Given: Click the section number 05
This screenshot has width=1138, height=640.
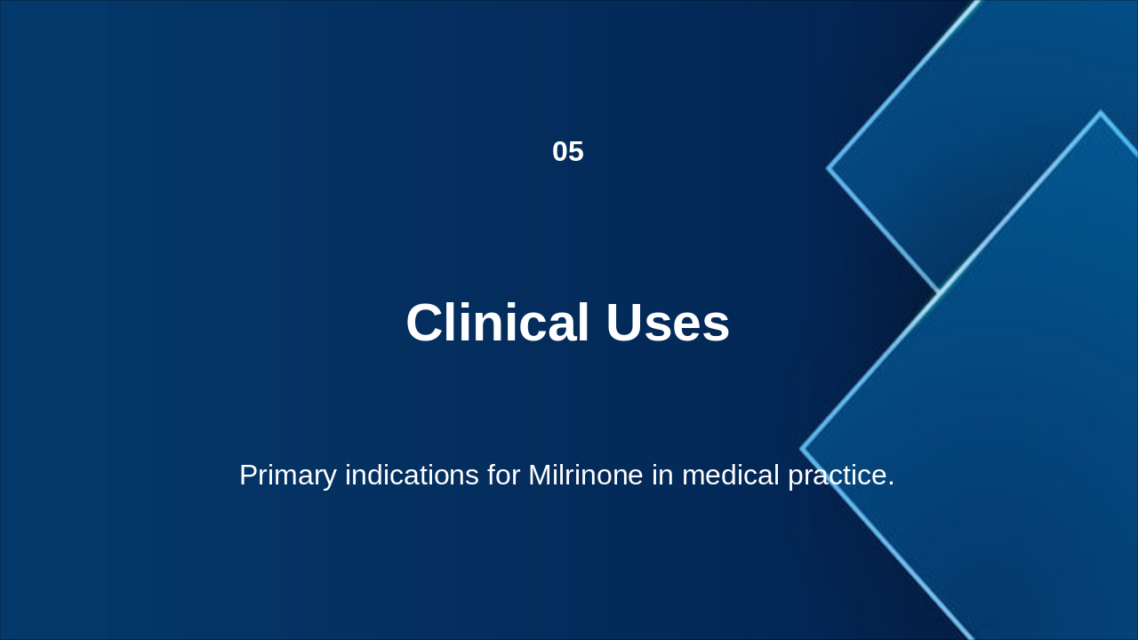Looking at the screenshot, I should coord(568,152).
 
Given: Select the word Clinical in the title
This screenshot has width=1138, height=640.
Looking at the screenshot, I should coord(497,323).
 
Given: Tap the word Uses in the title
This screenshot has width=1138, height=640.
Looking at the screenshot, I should coord(668,323).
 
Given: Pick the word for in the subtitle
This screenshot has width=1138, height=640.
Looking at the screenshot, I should coord(503,476).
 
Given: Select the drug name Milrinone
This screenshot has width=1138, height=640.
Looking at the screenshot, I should coord(585,476).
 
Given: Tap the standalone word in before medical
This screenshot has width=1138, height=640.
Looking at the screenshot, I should coord(662,476).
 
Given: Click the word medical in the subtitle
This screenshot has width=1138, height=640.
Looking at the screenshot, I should coord(731,476).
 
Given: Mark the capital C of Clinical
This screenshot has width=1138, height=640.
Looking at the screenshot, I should coord(425,323).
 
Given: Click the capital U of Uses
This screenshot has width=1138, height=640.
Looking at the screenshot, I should coord(626,323).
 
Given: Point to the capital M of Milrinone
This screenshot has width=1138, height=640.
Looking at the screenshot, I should coord(540,476).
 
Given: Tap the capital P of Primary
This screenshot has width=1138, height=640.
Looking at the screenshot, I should coord(248,476).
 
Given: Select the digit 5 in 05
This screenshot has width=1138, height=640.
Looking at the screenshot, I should coord(576,152).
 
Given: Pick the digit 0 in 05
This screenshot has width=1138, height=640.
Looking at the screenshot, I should coord(560,152).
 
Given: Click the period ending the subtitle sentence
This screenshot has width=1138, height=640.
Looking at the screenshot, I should coord(891,484).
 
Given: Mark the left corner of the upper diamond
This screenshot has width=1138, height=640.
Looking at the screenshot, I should coord(829,167).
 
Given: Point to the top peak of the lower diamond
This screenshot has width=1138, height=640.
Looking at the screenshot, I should coord(1100,113).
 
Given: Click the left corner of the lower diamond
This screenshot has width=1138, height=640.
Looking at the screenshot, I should coord(802,449).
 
